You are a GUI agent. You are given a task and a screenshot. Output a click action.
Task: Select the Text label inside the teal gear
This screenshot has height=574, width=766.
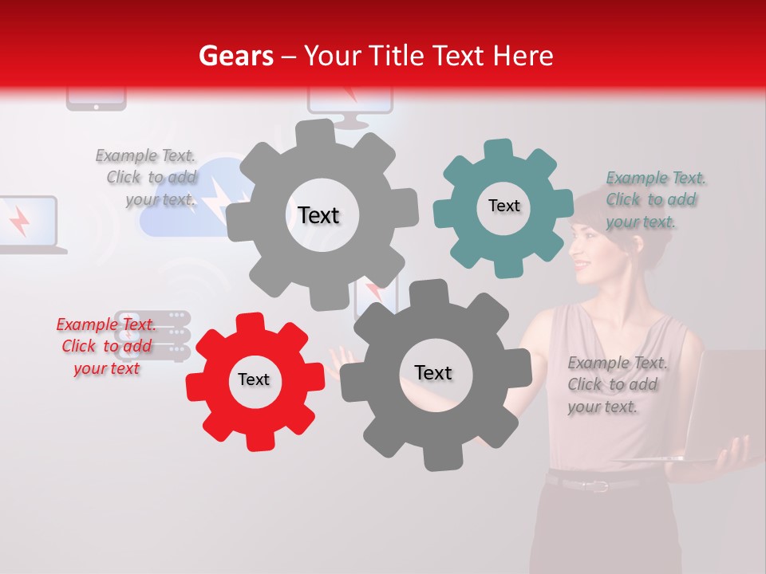[x=503, y=206]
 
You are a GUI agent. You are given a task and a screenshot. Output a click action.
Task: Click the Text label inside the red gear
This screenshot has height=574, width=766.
[x=254, y=379]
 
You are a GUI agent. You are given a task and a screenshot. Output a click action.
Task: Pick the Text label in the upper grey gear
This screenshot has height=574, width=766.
[x=318, y=215]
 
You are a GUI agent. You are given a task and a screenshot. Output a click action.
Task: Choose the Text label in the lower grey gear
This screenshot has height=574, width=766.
[x=433, y=372]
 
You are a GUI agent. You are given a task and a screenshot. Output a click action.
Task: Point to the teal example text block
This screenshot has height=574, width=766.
[x=655, y=200]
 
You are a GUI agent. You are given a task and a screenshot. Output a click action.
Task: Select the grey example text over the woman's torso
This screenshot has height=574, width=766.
[x=617, y=385]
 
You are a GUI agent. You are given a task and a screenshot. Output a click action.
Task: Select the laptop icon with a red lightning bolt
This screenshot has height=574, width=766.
[x=26, y=224]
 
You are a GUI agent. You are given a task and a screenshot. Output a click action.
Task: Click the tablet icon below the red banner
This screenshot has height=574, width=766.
[x=96, y=100]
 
